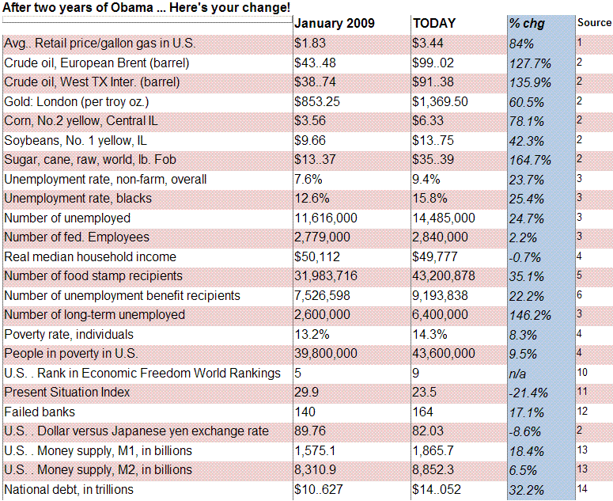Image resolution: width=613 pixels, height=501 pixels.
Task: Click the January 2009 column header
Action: click(x=335, y=24)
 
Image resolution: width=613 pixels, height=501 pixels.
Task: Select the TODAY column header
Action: click(x=434, y=24)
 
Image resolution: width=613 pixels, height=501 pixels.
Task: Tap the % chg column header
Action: click(x=527, y=24)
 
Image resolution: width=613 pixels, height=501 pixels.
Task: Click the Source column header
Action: click(x=594, y=23)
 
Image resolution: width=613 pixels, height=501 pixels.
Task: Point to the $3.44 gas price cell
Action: click(x=428, y=43)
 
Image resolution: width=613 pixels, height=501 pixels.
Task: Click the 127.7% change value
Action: click(x=530, y=63)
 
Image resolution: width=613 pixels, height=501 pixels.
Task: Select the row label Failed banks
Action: click(x=40, y=412)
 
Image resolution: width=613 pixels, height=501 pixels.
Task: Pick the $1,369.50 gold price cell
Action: click(x=441, y=101)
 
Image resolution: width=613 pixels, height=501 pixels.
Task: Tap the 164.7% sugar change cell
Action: click(x=530, y=160)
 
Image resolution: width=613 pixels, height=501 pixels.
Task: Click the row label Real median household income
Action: click(x=90, y=256)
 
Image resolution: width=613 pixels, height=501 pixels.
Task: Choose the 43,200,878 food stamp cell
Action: click(x=444, y=275)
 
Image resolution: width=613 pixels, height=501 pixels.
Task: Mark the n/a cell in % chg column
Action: click(x=517, y=374)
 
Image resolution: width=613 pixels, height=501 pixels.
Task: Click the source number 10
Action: click(x=582, y=372)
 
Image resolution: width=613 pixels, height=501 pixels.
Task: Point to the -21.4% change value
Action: click(x=528, y=393)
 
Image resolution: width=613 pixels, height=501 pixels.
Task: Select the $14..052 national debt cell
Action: click(x=437, y=489)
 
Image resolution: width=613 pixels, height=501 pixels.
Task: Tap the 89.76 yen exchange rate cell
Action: click(x=310, y=431)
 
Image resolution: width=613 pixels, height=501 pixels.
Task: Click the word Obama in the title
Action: click(x=131, y=7)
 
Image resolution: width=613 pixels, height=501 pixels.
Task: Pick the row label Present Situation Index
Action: click(x=67, y=393)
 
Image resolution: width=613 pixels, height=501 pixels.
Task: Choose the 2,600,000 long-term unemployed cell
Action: click(x=322, y=314)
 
